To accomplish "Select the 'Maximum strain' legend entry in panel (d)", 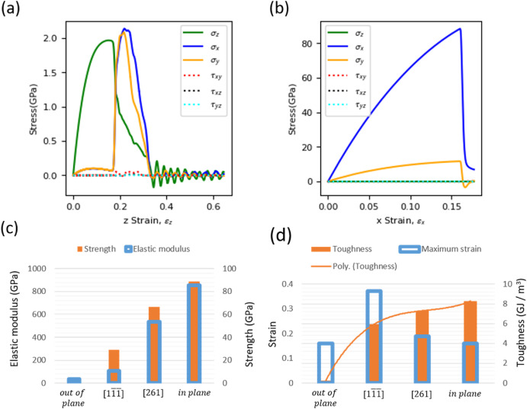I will (x=436, y=248).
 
